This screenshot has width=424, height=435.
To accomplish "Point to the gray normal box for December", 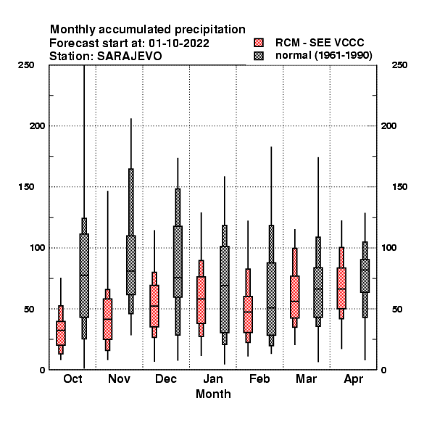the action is [178, 262].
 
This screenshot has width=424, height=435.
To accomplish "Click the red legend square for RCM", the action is [259, 43].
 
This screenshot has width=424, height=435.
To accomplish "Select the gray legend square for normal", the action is [259, 56].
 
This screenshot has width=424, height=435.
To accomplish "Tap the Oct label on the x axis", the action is [72, 378].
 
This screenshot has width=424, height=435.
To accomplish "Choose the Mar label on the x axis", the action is [306, 378].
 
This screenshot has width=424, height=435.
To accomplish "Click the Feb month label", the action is [259, 378].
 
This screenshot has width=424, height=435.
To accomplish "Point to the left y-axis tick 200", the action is [37, 126].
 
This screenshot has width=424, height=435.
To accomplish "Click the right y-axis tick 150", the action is [399, 187].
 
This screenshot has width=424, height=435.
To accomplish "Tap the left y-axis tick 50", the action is [29, 309].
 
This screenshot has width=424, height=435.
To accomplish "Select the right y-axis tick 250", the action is [399, 65].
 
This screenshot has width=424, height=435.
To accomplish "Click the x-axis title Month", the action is [213, 394].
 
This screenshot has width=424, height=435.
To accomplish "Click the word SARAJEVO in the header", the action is [130, 57].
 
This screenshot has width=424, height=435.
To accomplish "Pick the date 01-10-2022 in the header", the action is [179, 43].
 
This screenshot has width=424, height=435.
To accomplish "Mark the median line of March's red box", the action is [295, 301].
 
